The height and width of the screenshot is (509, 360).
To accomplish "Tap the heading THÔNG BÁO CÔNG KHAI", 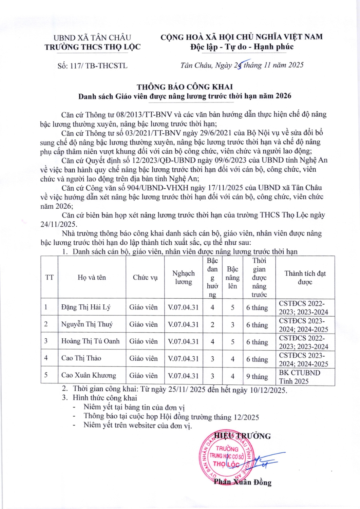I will (x=185, y=87).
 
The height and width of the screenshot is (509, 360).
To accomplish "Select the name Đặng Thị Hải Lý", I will (x=86, y=307).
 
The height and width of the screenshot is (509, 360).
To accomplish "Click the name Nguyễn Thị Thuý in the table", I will (x=87, y=324).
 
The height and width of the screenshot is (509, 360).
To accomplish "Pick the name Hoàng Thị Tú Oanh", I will (x=90, y=341).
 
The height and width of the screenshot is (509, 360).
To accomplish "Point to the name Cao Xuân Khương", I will (x=89, y=375).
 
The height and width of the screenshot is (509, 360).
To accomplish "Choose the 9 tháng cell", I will (x=257, y=376).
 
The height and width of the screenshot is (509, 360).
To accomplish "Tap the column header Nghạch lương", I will (x=183, y=278).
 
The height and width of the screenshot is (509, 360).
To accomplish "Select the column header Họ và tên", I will (x=92, y=278).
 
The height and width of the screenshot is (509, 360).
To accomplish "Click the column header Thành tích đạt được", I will (x=305, y=278).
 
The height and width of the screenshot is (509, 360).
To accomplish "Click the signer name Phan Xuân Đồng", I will (x=243, y=482).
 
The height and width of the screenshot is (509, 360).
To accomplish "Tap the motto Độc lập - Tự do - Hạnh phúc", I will (x=242, y=47).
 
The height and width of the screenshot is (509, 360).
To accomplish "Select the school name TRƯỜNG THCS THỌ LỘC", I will (x=92, y=47).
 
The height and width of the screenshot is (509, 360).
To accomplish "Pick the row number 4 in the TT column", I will (x=46, y=358).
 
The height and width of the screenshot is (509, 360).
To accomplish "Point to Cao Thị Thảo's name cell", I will (x=81, y=358).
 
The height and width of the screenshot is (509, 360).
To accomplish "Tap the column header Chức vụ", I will (x=145, y=278).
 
